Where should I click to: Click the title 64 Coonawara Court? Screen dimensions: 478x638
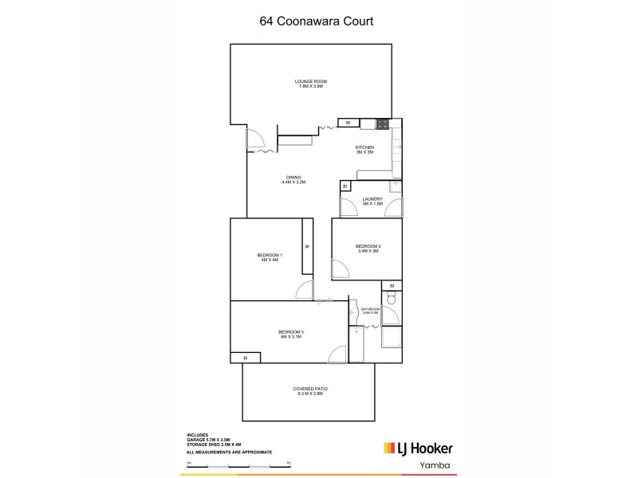click(x=317, y=22)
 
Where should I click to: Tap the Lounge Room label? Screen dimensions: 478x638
click(x=311, y=84)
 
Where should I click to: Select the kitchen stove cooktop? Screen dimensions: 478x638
click(x=382, y=123)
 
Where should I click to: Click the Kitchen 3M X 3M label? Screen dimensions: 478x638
click(x=364, y=151)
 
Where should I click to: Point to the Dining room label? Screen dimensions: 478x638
click(x=293, y=180)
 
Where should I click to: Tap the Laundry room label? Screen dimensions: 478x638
click(x=372, y=202)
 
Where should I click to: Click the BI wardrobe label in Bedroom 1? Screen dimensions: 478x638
click(x=306, y=247)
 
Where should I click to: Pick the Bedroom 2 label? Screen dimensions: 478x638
click(x=368, y=249)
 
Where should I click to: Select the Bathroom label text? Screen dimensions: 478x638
click(x=371, y=311)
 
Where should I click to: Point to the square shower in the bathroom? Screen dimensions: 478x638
click(x=392, y=339)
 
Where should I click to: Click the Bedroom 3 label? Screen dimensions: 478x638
click(x=291, y=334)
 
